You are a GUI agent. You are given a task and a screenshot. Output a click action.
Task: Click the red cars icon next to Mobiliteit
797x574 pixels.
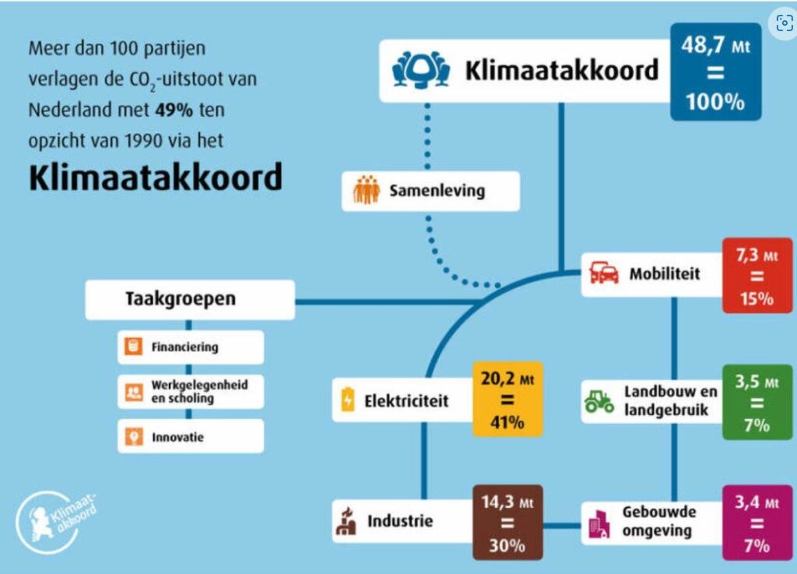(x=604, y=273)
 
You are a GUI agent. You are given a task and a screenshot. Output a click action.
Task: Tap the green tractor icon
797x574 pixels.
(x=599, y=401)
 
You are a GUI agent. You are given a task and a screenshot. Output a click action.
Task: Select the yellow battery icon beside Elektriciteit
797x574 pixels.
(x=348, y=399)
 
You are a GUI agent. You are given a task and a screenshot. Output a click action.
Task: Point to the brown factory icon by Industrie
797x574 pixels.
(x=346, y=521)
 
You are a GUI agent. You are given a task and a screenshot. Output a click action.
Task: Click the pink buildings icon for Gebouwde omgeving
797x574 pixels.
(x=599, y=523)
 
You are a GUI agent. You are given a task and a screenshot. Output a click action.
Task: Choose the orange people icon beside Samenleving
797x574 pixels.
(x=367, y=190)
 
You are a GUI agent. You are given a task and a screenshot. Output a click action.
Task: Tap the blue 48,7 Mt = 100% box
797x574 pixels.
(x=716, y=72)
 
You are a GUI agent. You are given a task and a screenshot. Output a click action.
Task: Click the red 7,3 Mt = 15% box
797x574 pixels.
(x=757, y=276)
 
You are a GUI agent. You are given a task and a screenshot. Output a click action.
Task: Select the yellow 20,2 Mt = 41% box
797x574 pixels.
(x=507, y=400)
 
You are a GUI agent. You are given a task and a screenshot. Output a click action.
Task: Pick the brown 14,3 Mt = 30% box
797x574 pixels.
(x=507, y=523)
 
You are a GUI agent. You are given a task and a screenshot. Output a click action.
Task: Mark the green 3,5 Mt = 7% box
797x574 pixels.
(x=757, y=402)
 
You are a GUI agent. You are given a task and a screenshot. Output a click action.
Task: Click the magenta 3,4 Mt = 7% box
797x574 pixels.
(x=757, y=523)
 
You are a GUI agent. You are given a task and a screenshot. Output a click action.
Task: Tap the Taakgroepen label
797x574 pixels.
(x=181, y=299)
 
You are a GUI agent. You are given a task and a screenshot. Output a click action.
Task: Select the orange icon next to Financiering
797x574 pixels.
(x=134, y=347)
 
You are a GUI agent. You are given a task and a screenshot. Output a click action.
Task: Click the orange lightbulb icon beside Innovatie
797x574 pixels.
(x=134, y=436)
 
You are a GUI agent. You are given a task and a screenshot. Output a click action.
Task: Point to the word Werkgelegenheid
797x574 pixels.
(x=200, y=385)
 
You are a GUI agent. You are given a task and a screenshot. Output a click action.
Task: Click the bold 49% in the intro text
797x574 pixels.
(x=174, y=110)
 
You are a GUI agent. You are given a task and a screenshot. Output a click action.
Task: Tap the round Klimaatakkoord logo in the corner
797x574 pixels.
(x=54, y=522)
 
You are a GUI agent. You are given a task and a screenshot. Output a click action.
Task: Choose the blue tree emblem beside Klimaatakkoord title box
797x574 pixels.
(x=421, y=69)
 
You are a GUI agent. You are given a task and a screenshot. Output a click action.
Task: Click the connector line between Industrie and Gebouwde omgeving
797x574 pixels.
(x=562, y=525)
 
